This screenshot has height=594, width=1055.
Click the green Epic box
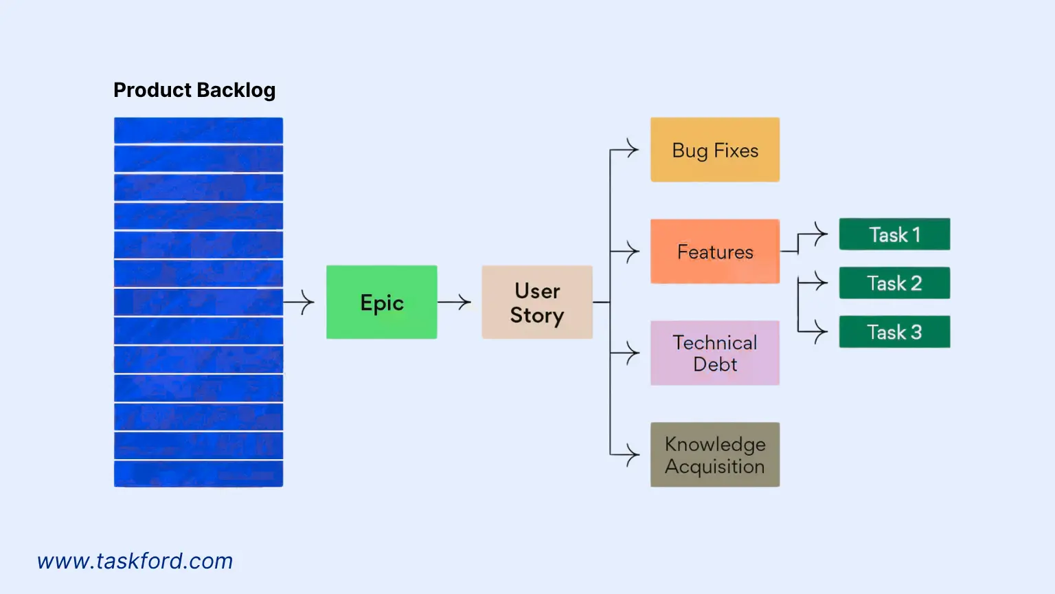coord(381,302)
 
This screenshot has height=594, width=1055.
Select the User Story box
coord(536,302)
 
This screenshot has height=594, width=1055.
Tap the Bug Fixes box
coord(714,150)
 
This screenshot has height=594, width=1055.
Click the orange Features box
coord(714,252)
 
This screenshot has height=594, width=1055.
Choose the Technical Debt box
coord(714,353)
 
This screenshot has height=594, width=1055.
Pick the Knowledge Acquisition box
coord(714,454)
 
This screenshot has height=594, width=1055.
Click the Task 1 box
coord(894,234)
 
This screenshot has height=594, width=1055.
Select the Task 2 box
coord(894,283)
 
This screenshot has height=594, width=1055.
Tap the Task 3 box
coord(894,332)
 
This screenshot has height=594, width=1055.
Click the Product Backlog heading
coord(194,90)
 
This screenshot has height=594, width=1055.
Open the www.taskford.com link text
coord(135,561)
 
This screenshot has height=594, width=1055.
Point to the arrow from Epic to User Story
coord(454,302)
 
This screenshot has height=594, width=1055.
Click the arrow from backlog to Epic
coord(299,302)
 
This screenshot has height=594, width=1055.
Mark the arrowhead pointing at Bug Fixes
coord(633,149)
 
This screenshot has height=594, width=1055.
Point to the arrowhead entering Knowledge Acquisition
coord(633,454)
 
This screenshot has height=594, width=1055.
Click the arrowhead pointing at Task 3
coord(821,332)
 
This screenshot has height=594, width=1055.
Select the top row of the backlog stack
coord(198,131)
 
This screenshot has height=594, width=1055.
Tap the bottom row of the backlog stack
coord(198,474)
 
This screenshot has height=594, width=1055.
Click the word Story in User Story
coord(536,316)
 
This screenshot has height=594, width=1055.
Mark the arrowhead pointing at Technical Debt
coord(633,353)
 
